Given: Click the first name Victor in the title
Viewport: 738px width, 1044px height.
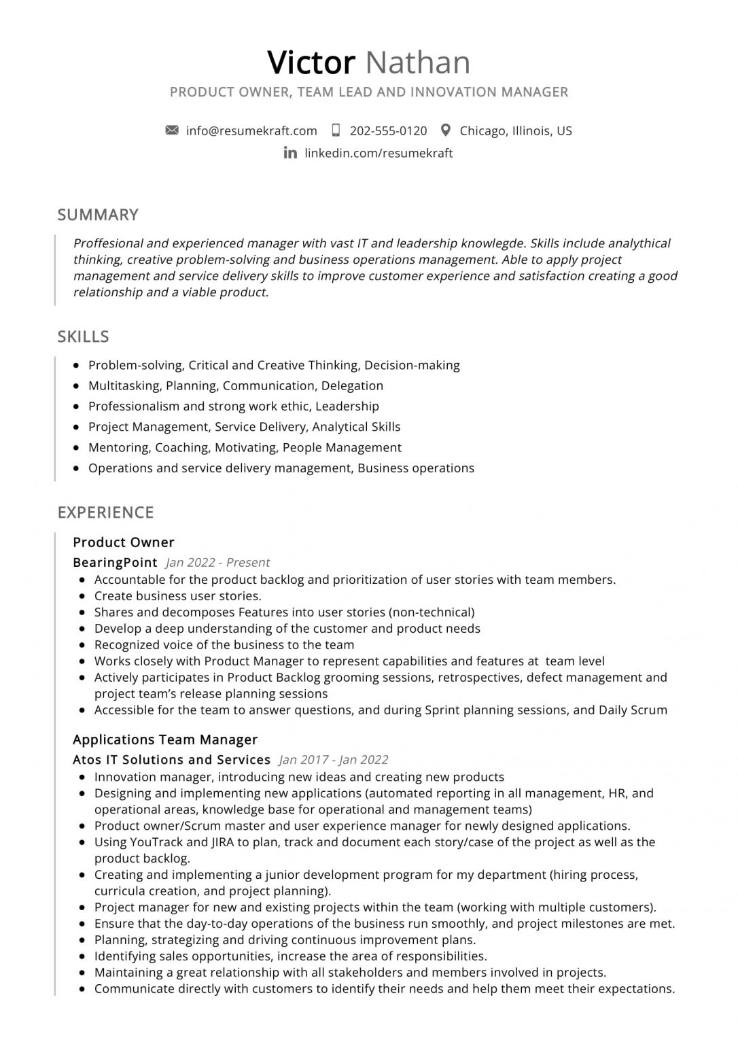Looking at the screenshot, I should pos(311,63).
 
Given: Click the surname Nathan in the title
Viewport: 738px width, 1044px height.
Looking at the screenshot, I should pos(418,63).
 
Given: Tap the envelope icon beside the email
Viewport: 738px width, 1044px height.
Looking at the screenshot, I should pos(172,130).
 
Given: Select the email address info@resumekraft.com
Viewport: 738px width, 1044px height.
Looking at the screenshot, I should pos(251,130).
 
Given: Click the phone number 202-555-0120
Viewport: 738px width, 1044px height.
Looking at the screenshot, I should pos(388,130).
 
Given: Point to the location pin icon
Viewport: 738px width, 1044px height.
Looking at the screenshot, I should pos(446,130).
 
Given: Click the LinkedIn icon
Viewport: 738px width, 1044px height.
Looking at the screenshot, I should pos(290,153).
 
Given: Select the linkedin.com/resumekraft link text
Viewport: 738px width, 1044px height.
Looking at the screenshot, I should pos(379,153).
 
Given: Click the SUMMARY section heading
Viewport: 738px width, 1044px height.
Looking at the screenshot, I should pos(98,215).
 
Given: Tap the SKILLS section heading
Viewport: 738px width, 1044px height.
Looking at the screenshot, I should pos(83,336).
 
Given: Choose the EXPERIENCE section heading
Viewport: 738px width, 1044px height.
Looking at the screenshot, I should pos(105,512).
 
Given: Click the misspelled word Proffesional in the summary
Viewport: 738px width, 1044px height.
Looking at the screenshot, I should pos(107,243).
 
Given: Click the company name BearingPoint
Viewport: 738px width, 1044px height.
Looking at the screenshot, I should pos(115,562).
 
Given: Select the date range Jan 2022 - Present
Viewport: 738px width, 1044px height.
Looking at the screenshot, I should pos(217,562).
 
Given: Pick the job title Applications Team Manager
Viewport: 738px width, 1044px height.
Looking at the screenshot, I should pos(165,739).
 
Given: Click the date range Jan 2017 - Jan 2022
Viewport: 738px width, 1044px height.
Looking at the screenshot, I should pos(334,760).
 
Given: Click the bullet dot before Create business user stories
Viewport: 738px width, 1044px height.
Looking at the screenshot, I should pos(82,597).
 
